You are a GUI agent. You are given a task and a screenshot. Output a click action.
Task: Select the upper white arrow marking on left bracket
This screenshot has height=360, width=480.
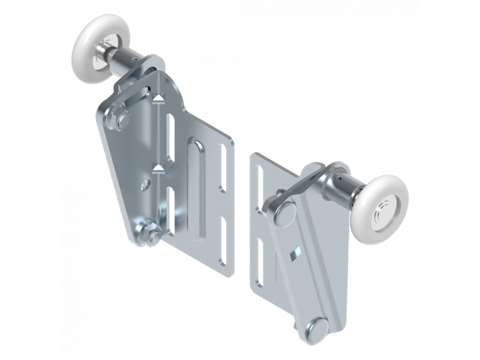(x=158, y=97)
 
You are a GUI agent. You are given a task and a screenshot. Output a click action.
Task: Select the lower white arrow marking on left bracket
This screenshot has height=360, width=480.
(x=158, y=167)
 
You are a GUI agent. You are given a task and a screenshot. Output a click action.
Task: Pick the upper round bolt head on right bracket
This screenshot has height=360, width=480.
(x=284, y=212)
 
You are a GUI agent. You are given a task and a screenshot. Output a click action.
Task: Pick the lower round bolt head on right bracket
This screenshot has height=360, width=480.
(x=316, y=328)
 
